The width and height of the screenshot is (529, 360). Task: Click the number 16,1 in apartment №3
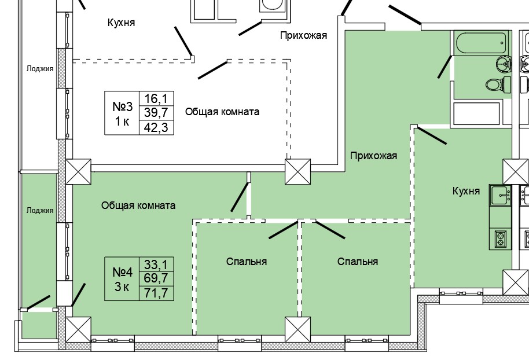point(156,98)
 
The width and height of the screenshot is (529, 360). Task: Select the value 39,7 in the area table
point(156,113)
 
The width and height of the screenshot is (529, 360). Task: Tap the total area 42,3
point(156,127)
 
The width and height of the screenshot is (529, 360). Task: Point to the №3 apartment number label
point(122,106)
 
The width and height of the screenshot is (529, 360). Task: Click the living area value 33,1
point(156,265)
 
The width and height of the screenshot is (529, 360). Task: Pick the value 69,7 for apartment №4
point(156,280)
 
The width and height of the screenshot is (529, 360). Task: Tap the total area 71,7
point(156,293)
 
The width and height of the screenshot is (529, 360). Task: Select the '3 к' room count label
point(122,287)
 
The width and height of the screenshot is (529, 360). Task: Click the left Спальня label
point(246,262)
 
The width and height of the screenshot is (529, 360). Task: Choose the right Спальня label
point(357,262)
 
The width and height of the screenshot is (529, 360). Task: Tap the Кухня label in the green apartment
point(466,191)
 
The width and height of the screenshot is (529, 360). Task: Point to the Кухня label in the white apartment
point(121,23)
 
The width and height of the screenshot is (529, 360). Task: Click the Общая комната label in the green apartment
point(138,205)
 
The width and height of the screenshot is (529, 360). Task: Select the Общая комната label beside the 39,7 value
point(222,112)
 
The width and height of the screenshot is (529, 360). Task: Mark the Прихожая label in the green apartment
point(373,156)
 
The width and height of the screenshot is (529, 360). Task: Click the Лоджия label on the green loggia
point(39,211)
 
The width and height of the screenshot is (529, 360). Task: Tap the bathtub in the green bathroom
point(481,43)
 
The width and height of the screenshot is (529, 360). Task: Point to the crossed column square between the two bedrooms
point(298,330)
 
